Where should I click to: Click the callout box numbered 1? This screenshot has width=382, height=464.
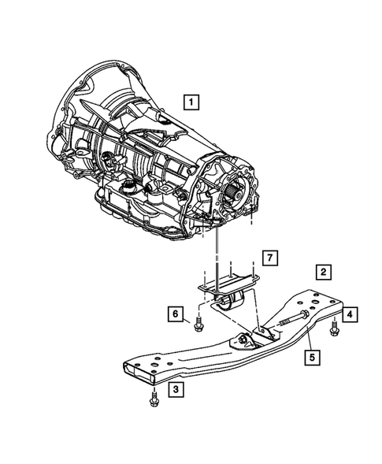(191, 101)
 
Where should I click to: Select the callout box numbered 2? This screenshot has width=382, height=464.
(323, 273)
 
